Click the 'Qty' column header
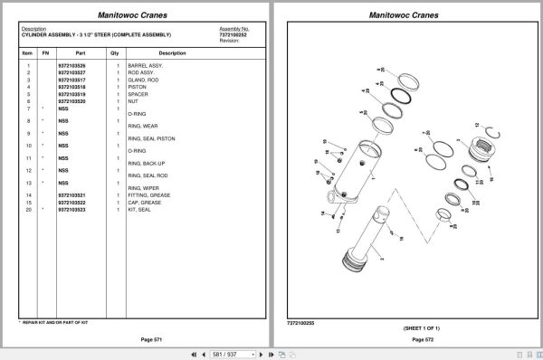point(114,52)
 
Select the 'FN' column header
point(45,52)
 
